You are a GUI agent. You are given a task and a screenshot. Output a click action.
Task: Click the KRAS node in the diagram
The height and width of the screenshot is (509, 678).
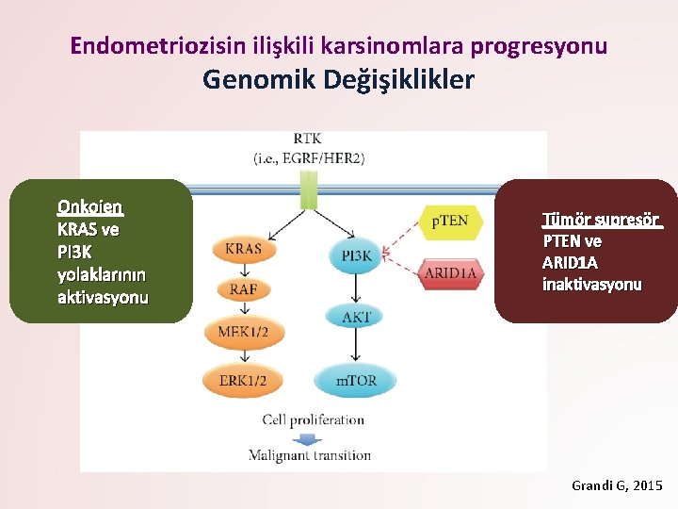[x=243, y=250]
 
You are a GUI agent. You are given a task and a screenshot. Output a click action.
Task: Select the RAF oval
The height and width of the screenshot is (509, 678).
[x=243, y=289]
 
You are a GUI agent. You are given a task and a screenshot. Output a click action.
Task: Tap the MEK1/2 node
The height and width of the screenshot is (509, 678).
[x=243, y=332]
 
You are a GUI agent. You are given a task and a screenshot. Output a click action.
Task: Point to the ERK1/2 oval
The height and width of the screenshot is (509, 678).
[x=243, y=381]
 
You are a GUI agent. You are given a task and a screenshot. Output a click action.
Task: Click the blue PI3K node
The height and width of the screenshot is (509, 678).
[x=356, y=255]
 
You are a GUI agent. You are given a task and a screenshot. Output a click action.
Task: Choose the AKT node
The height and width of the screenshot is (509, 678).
[x=355, y=317]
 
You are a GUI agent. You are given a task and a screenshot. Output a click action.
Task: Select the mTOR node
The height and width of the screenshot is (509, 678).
[x=355, y=381]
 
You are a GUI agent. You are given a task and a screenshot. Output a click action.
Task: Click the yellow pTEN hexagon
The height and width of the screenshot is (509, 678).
[x=449, y=222]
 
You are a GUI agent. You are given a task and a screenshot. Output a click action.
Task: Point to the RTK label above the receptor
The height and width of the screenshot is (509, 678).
[x=308, y=140]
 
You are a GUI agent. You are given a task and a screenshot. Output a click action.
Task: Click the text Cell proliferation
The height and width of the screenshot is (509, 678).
[x=313, y=419]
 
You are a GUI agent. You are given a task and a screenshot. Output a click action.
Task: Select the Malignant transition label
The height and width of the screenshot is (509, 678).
[x=310, y=455]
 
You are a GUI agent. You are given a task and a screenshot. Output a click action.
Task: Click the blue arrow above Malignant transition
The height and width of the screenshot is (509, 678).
[x=307, y=438]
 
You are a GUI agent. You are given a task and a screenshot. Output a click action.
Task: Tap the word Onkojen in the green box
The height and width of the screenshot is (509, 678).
[x=90, y=206]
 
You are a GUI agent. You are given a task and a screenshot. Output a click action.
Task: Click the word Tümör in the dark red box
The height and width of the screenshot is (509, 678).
[x=562, y=221]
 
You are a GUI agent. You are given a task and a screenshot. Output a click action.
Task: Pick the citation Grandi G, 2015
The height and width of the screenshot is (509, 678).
[x=617, y=485]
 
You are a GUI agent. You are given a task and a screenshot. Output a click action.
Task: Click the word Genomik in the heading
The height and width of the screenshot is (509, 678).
[x=258, y=80]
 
